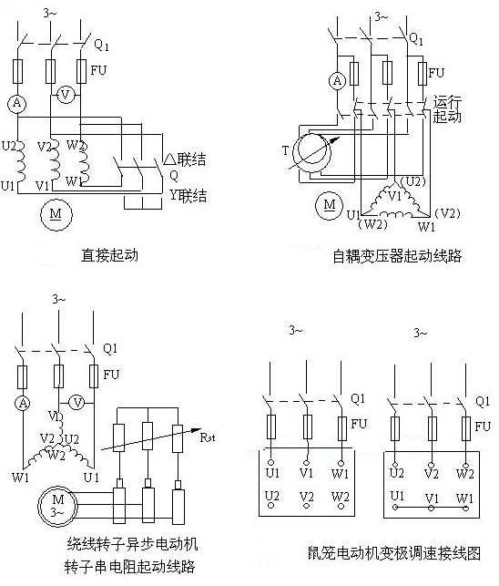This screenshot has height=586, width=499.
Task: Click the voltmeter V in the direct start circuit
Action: point(64,93)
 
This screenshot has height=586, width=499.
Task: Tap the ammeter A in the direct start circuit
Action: point(15,105)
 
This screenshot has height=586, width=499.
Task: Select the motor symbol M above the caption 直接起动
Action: point(55,213)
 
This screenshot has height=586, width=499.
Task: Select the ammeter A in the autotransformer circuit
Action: point(336,81)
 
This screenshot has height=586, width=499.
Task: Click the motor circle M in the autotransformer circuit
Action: point(327,205)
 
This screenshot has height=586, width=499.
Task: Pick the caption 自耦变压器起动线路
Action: point(397,256)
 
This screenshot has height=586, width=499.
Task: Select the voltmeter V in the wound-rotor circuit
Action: point(77,402)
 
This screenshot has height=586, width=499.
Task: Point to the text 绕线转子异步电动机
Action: point(132,545)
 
